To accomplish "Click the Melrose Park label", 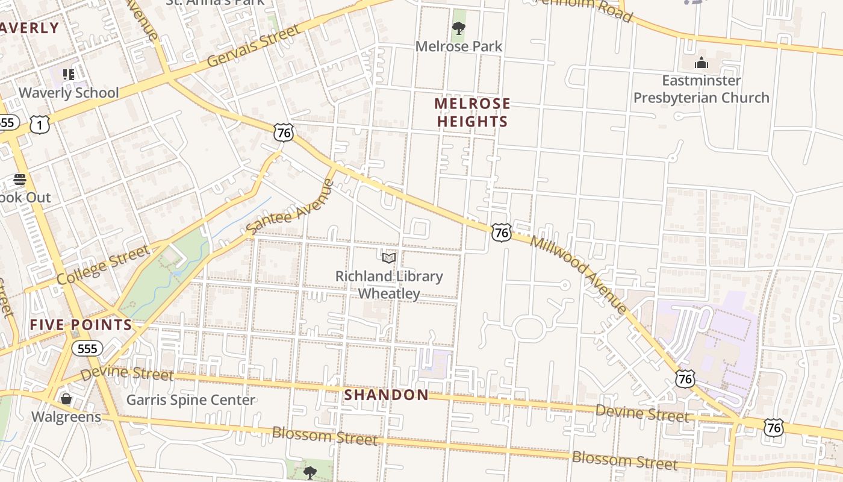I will pos(459,46).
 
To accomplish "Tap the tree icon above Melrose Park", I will pos(459,28).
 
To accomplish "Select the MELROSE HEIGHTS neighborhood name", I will pos(472,113).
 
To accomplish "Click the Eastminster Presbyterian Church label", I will pos(701,89).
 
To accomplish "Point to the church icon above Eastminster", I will pos(701,63).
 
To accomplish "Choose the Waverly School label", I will pos(69,93).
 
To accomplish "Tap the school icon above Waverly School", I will pos(69,75).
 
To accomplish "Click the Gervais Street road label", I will pos(253,46).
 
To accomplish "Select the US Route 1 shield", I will pos(40,124).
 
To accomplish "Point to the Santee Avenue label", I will pos(290,207).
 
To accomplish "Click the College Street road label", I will pos(103,265).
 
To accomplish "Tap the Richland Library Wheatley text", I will pos(389,285).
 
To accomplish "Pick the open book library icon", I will pos(389,258).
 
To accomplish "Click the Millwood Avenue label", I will pos(579,273).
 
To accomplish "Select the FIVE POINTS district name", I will pos(81,325).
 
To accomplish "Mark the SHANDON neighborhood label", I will pos(387,395).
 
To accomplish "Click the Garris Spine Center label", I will pos(190,400).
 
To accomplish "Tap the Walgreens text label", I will pos(66,417).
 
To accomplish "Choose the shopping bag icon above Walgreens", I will pos(66,399).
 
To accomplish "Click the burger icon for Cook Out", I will pos(20,180).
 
